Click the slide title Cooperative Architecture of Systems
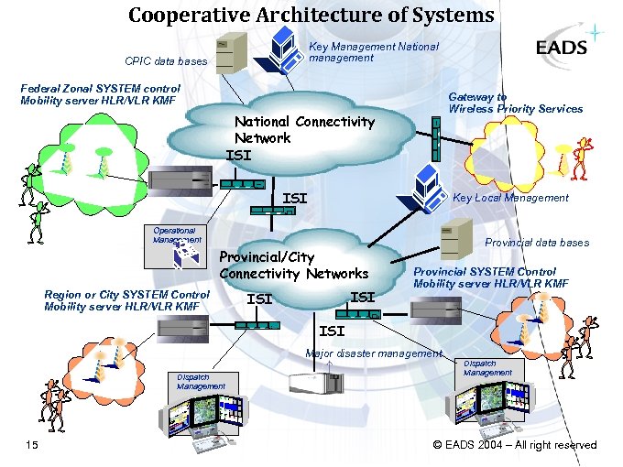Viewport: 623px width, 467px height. (x=311, y=15)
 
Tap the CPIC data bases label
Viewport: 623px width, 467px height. (x=166, y=61)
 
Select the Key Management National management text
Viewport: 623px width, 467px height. (x=374, y=52)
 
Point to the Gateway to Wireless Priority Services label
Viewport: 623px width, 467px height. (x=515, y=103)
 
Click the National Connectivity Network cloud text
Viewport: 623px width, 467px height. (x=303, y=130)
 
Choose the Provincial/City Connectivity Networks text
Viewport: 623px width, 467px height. (x=293, y=266)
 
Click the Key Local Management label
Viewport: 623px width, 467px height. (x=510, y=198)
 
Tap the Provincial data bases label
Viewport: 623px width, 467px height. (x=537, y=243)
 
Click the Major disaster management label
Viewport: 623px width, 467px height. (x=374, y=353)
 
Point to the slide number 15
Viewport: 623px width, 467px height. (x=32, y=445)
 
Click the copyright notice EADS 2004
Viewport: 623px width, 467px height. (x=514, y=445)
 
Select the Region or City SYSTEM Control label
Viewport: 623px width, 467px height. (x=126, y=300)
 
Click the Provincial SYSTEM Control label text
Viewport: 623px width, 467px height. (x=490, y=277)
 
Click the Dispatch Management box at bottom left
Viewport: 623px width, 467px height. (x=201, y=382)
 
